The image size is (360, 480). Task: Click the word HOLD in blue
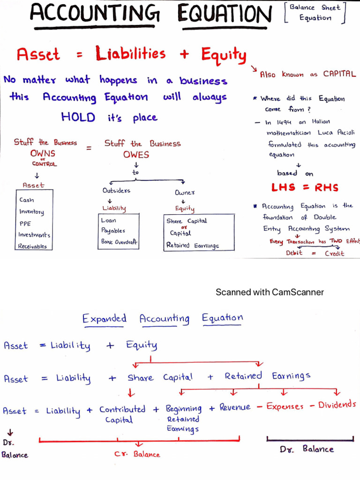(78, 117)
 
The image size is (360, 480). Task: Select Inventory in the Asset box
(31, 212)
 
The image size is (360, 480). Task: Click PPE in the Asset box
(25, 224)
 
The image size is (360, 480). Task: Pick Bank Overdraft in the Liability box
(119, 242)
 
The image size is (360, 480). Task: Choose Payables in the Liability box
(113, 231)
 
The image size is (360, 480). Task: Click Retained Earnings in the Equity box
(192, 245)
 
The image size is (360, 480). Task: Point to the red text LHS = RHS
(305, 187)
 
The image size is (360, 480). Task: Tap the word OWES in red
(136, 155)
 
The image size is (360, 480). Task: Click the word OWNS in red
(43, 153)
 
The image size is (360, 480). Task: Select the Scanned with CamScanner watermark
(270, 292)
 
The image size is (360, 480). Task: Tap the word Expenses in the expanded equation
(285, 406)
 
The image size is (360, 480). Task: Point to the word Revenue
(235, 407)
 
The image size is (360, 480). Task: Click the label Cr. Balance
(137, 454)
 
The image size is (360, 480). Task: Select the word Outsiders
(116, 191)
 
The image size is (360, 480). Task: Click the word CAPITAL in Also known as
(339, 74)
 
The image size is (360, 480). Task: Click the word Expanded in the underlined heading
(105, 319)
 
